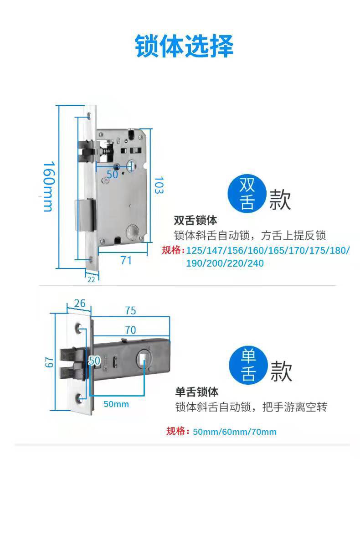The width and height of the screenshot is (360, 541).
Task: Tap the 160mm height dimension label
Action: click(48, 186)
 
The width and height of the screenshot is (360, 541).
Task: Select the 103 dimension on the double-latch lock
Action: click(158, 186)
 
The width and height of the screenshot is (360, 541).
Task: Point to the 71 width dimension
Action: click(126, 260)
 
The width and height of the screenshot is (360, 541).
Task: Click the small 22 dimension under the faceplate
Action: click(91, 279)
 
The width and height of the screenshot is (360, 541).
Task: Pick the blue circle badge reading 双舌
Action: click(247, 193)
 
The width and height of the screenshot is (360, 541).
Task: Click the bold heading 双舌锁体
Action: click(195, 221)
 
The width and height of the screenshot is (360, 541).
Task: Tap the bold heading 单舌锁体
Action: click(196, 392)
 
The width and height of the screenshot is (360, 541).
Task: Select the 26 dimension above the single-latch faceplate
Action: click(79, 303)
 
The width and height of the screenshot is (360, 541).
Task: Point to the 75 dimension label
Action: click(130, 310)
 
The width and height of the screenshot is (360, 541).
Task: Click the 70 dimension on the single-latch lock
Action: click(130, 330)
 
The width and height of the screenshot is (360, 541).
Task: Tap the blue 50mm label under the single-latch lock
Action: click(116, 404)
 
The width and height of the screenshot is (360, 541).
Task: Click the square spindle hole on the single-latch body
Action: click(144, 358)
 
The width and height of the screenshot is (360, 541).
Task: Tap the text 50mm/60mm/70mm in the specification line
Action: click(234, 432)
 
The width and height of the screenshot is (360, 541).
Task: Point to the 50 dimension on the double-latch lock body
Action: click(112, 174)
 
